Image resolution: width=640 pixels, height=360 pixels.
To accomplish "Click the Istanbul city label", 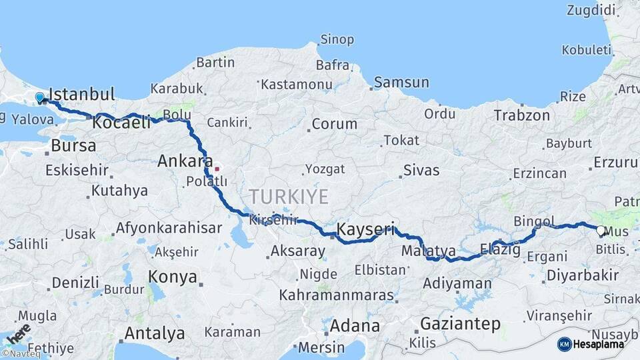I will (x=82, y=93).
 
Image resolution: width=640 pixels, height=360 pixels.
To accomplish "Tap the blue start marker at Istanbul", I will (x=40, y=98).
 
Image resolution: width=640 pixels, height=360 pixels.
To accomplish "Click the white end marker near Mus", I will (x=601, y=231).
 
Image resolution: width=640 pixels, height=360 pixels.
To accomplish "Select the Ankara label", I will (x=181, y=161).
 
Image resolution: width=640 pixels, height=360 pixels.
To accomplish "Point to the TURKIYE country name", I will (x=289, y=197).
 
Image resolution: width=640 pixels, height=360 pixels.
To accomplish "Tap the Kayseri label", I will (x=366, y=229).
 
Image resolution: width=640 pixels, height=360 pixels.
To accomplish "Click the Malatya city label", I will (x=429, y=251).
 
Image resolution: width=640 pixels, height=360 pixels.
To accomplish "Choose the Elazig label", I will (x=500, y=250).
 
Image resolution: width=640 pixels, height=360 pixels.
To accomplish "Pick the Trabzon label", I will (x=522, y=115).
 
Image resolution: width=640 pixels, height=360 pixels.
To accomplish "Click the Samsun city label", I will (x=401, y=83).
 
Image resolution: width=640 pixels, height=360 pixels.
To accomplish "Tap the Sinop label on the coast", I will (x=337, y=39).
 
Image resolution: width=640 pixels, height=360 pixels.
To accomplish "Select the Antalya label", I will (x=155, y=333).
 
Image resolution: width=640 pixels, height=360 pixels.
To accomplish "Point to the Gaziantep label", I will (x=460, y=325).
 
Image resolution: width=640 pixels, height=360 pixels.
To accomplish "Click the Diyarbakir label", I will (x=582, y=275).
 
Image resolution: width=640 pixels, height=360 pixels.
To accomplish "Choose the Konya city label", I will (x=173, y=277).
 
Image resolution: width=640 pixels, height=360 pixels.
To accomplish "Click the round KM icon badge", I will (x=564, y=344).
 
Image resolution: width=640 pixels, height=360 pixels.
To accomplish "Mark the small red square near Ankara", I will (x=216, y=169).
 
